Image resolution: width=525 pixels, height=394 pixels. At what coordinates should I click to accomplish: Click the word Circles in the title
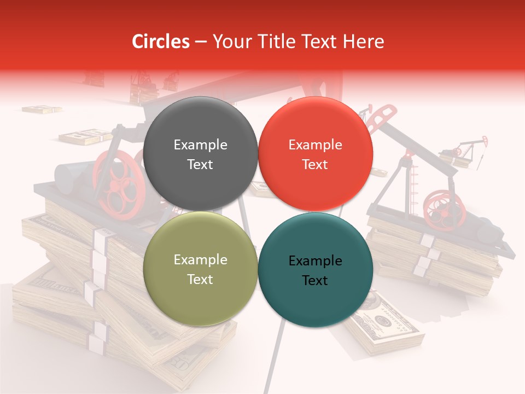pyautogui.click(x=161, y=42)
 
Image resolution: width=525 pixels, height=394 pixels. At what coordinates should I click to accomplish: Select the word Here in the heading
pyautogui.click(x=364, y=42)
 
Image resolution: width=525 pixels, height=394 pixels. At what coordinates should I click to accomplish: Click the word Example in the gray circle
pyautogui.click(x=200, y=145)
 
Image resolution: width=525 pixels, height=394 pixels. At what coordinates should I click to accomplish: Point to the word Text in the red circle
pyautogui.click(x=315, y=165)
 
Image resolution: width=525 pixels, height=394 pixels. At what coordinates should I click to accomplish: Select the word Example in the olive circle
pyautogui.click(x=200, y=260)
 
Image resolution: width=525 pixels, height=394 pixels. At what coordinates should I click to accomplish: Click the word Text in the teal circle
pyautogui.click(x=315, y=281)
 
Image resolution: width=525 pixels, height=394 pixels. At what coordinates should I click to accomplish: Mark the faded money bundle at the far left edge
pyautogui.click(x=41, y=109)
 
